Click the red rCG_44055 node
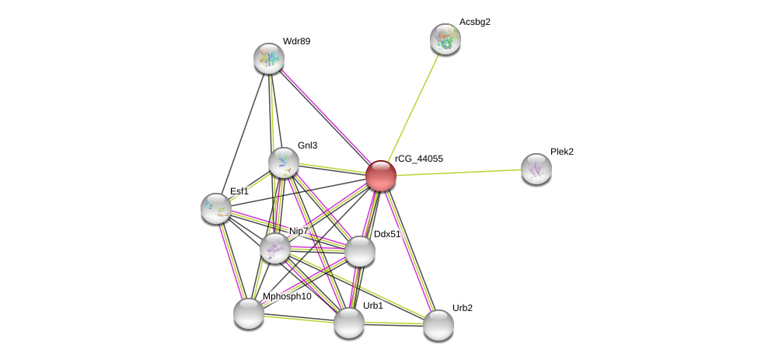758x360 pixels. [381, 176]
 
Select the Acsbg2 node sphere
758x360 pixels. [445, 39]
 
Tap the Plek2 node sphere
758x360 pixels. [536, 169]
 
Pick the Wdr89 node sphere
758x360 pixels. [269, 58]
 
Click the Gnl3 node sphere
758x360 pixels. [284, 162]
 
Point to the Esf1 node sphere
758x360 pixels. [216, 208]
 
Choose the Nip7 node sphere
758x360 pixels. [275, 248]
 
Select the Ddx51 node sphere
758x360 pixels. [359, 251]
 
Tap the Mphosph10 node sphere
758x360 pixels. [249, 313]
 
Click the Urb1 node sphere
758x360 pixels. [349, 323]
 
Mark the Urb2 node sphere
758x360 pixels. [438, 325]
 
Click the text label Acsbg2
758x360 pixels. [474, 22]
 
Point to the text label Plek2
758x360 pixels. [561, 152]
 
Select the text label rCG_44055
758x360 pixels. [418, 159]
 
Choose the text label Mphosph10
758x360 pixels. [287, 296]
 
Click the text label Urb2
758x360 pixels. [462, 308]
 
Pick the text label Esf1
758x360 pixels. [239, 191]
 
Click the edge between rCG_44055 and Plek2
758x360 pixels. [459, 172]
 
